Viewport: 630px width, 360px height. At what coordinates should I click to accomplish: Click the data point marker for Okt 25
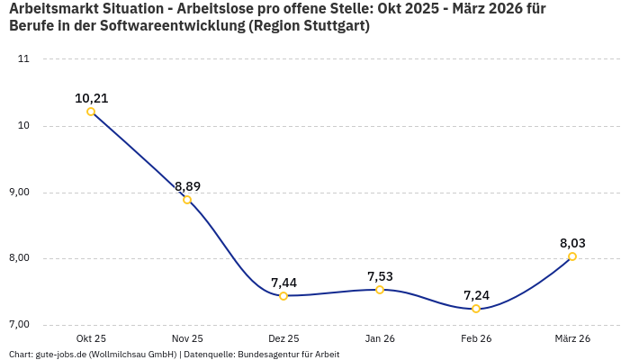click(91, 112)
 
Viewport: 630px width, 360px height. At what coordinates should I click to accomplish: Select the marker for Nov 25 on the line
click(187, 200)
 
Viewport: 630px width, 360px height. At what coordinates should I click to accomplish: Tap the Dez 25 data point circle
click(283, 296)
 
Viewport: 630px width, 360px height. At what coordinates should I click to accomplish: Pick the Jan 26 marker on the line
click(380, 290)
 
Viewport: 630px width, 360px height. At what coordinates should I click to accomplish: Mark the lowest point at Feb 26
click(476, 309)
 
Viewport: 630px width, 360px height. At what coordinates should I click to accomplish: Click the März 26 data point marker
click(572, 256)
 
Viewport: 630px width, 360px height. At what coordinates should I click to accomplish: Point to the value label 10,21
click(91, 98)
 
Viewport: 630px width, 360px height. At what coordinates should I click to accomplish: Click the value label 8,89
click(187, 186)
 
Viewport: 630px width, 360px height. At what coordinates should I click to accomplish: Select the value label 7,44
click(283, 283)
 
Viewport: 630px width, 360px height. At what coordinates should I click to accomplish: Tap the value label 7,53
click(380, 276)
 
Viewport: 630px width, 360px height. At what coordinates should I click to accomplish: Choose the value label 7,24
click(476, 295)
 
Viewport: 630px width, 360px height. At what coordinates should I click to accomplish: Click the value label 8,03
click(572, 243)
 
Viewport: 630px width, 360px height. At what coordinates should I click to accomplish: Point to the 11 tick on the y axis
click(23, 59)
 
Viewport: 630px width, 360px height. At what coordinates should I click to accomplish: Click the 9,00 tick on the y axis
click(19, 192)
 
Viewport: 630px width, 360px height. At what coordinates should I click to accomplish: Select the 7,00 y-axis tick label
click(19, 324)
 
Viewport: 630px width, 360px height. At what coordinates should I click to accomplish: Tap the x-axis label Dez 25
click(283, 338)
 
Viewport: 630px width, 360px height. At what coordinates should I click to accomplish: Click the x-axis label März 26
click(572, 338)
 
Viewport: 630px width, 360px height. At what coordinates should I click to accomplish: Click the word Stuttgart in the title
click(335, 25)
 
